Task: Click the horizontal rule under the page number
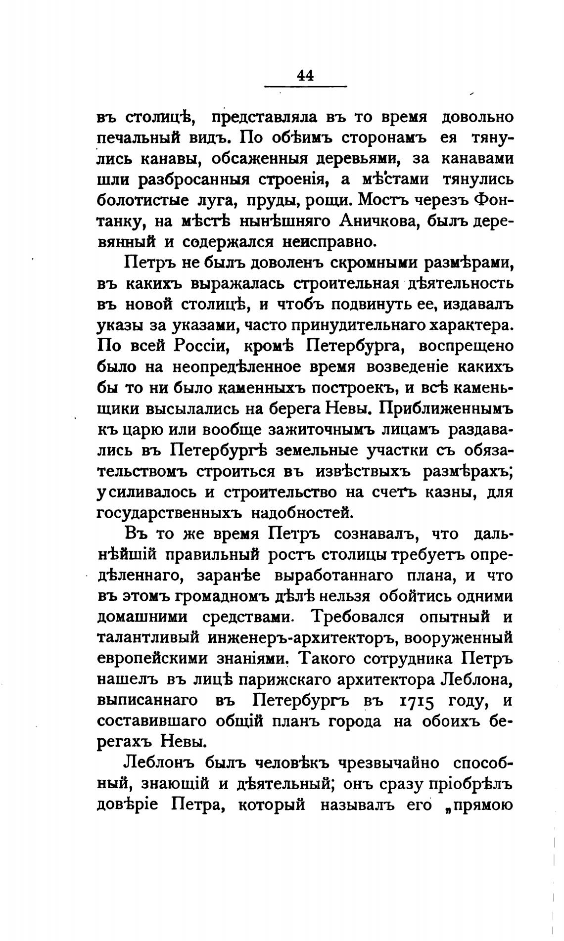pyautogui.click(x=306, y=88)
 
